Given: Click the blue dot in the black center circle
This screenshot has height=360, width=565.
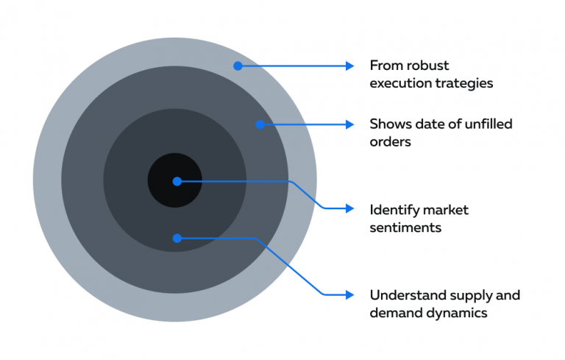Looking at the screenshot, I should click(177, 180).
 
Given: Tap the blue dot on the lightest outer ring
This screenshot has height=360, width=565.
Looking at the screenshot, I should click(238, 66).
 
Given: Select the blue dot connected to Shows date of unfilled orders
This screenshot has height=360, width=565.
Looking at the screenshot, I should click(260, 124).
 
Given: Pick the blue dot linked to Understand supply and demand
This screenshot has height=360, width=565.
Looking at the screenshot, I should click(177, 238).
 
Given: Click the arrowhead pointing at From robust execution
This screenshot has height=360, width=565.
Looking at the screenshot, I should click(350, 66).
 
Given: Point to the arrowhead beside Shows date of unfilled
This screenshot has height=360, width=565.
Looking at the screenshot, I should click(350, 124).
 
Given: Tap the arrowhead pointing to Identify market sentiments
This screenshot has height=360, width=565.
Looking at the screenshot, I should click(350, 208).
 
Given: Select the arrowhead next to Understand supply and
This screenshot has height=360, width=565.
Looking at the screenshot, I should click(350, 294).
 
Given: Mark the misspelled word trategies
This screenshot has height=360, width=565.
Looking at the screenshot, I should click(463, 83).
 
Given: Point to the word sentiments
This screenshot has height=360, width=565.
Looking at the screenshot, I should click(405, 227).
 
